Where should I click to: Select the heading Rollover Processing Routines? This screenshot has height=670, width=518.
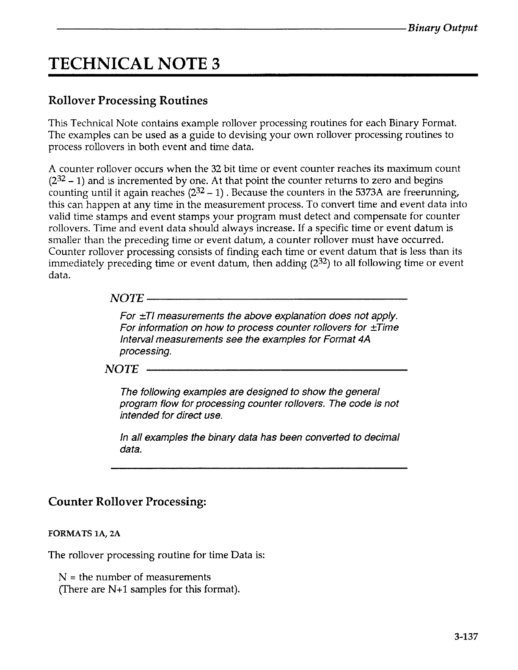[x=128, y=101]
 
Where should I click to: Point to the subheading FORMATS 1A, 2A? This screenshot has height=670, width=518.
[x=85, y=534]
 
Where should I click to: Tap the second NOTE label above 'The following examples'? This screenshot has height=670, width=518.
[x=121, y=370]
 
